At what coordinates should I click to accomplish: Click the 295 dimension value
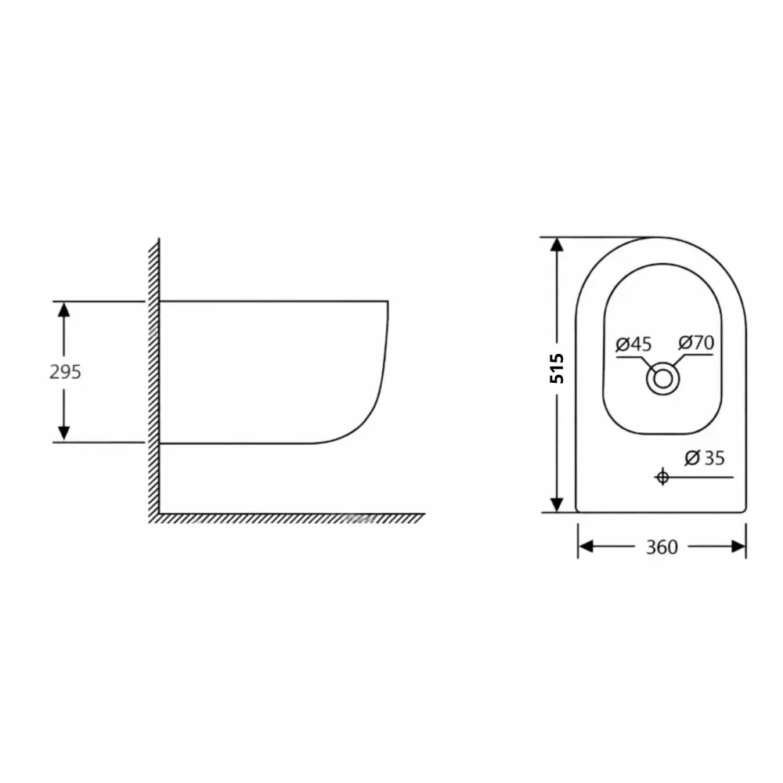(65, 372)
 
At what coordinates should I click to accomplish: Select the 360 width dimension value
(662, 547)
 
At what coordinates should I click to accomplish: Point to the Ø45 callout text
(633, 344)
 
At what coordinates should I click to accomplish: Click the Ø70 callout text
(696, 343)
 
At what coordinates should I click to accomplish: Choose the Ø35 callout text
(705, 458)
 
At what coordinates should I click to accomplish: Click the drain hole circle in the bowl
(662, 379)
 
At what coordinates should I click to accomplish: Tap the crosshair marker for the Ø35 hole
(662, 478)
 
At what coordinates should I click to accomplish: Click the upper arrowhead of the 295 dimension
(63, 309)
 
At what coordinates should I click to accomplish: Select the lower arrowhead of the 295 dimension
(63, 434)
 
